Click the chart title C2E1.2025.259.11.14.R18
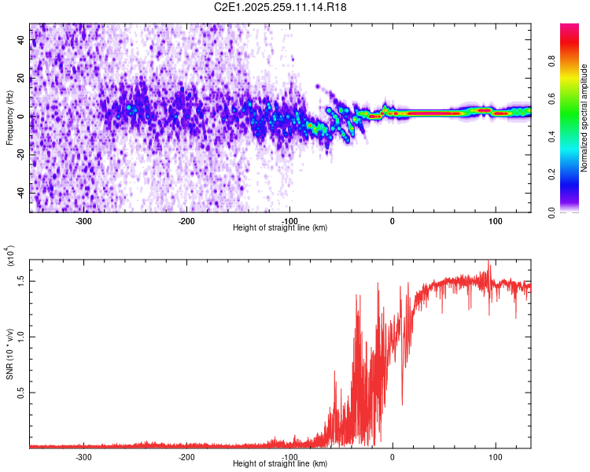pos(280,7)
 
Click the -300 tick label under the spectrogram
pos(83,221)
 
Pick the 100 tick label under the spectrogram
pos(496,221)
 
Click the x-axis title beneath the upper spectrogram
pos(280,228)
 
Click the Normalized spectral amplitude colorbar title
pos(584,118)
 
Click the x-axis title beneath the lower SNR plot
pos(280,464)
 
